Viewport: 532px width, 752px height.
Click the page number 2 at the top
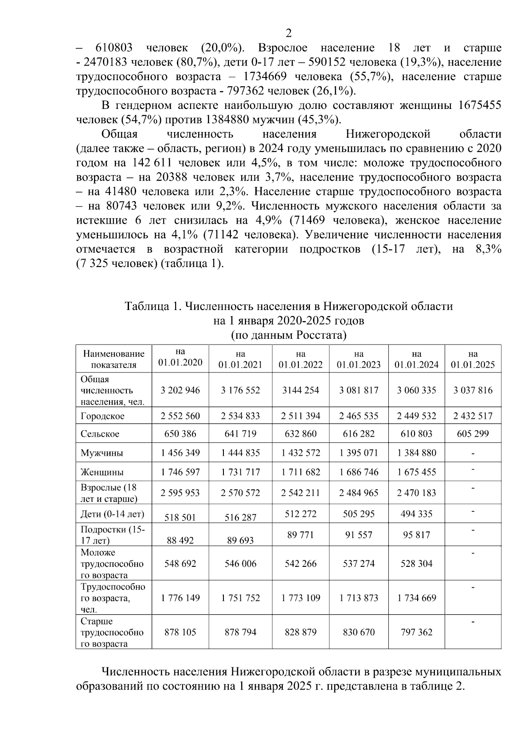click(289, 33)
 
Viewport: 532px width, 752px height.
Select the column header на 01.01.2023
click(359, 359)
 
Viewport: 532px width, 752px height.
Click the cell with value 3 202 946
click(180, 390)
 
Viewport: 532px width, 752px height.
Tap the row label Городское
click(102, 416)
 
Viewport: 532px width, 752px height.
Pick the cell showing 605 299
click(473, 434)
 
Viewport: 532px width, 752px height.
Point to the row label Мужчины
click(102, 453)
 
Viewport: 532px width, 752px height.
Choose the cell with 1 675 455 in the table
click(416, 472)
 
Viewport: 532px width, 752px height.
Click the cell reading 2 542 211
click(301, 493)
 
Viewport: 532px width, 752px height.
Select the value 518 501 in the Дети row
click(180, 517)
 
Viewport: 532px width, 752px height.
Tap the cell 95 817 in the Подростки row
click(416, 535)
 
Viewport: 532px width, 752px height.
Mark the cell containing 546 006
click(240, 564)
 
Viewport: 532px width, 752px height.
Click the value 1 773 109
click(301, 598)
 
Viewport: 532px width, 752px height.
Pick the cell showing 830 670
click(359, 632)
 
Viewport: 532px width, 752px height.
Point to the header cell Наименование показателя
click(114, 359)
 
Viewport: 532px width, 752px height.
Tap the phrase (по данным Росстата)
click(289, 335)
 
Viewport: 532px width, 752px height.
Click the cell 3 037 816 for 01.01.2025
click(473, 390)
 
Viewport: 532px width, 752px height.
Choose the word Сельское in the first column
click(100, 434)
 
